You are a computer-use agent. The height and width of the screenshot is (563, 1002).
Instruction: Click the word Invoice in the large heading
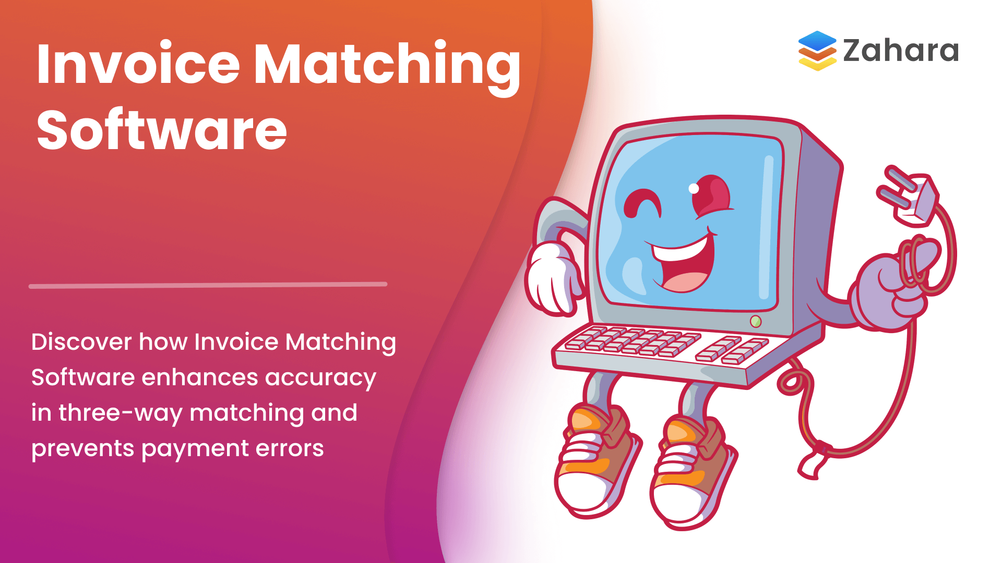point(138,65)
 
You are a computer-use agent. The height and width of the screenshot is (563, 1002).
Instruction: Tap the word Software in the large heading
point(162,130)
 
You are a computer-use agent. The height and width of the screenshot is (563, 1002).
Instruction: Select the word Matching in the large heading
point(387,65)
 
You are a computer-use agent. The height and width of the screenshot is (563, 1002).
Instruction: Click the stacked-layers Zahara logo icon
point(817,51)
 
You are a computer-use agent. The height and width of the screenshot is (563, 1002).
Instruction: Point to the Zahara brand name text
point(901,51)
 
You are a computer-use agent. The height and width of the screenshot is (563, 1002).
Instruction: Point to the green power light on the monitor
point(755,321)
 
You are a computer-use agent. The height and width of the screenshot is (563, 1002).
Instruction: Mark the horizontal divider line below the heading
point(208,285)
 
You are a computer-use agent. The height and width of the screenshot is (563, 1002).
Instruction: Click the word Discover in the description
point(81,342)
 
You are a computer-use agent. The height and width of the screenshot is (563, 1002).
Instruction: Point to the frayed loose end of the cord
point(810,467)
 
